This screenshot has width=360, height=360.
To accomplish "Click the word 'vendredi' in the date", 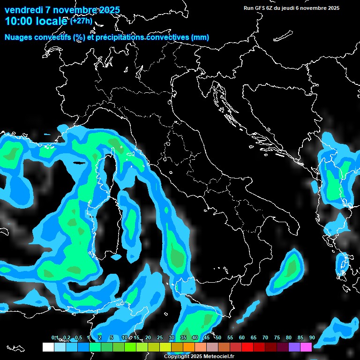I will [24, 10].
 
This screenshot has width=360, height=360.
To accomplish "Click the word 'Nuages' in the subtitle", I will [19, 37].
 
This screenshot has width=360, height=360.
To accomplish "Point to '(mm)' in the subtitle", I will [201, 37].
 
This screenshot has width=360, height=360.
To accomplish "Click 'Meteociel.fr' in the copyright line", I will [219, 357].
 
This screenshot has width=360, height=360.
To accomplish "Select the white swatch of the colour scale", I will [48, 347].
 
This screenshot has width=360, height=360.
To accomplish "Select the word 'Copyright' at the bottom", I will [176, 357].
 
